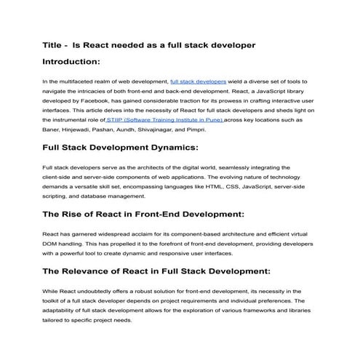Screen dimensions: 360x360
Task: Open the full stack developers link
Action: tap(198, 83)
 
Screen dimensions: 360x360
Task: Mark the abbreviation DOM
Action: tap(51, 244)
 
